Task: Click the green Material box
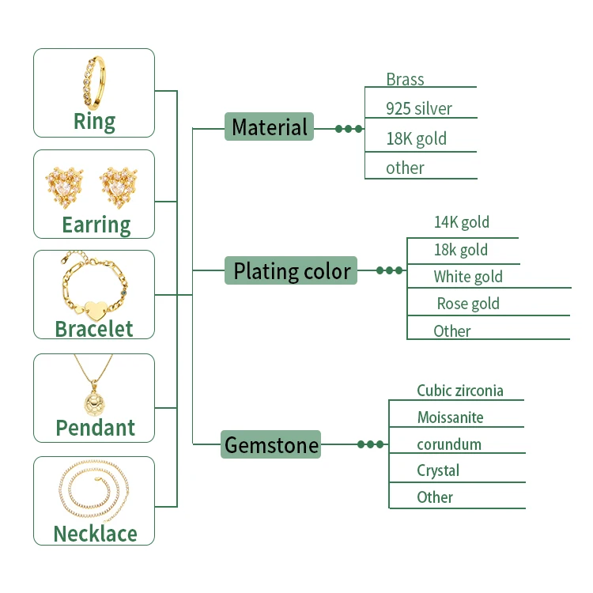(269, 127)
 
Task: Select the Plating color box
(291, 271)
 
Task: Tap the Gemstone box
(271, 444)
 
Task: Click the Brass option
(405, 80)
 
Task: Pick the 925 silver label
(419, 109)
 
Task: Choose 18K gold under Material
(416, 139)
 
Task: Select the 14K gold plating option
(461, 222)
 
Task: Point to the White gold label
(467, 277)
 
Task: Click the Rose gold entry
(468, 304)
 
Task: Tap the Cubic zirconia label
(459, 391)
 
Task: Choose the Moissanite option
(450, 417)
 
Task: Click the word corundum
(448, 444)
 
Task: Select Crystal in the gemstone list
(438, 470)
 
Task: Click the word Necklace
(95, 534)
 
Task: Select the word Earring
(96, 225)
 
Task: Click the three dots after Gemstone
(370, 444)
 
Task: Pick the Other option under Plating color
(451, 330)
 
